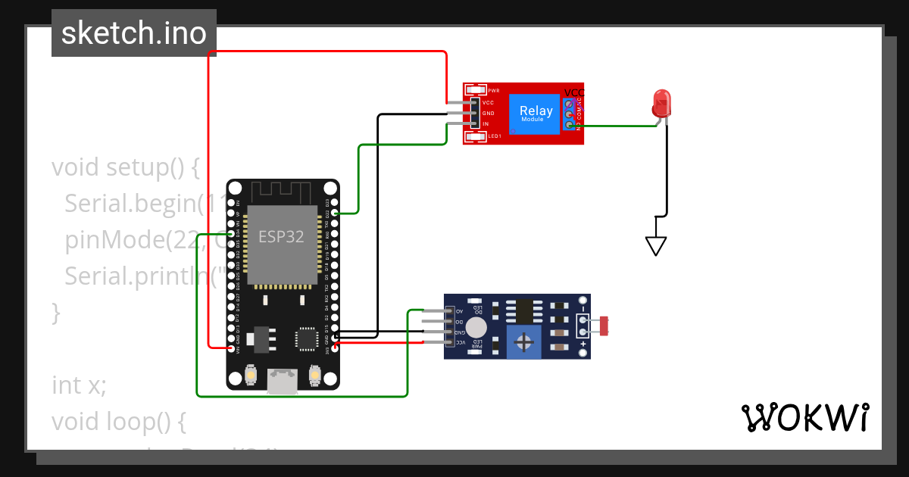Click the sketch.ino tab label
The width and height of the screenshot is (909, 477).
[x=133, y=33]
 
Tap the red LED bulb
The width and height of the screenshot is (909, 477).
[x=661, y=103]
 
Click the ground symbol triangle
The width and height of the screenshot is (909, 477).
[x=655, y=245]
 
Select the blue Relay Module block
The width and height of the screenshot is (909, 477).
[x=536, y=112]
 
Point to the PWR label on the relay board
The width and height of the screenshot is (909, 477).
[x=493, y=90]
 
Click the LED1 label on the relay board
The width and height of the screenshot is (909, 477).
[x=494, y=136]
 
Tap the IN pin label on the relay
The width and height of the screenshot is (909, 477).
[x=486, y=124]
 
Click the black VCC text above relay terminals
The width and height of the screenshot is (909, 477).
[x=574, y=93]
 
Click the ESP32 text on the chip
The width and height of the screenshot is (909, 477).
[x=281, y=237]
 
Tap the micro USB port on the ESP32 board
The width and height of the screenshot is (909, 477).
[x=282, y=382]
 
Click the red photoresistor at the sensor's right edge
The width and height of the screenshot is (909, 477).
[x=604, y=326]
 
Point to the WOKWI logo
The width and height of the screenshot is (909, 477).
[x=804, y=417]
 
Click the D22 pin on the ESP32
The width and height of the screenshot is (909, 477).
[x=334, y=214]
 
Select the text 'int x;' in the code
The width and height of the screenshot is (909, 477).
[x=79, y=385]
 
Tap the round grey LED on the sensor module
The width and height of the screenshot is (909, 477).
[x=476, y=327]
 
